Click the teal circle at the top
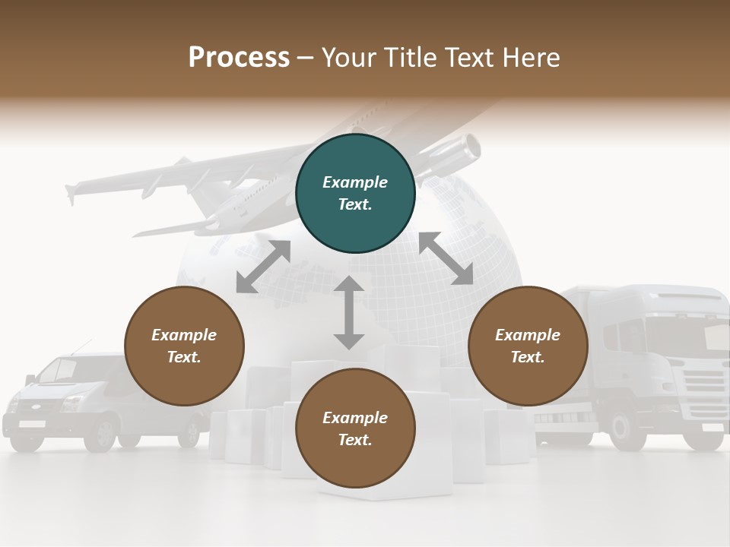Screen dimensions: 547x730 (355, 194)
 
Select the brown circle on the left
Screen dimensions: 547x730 (184, 346)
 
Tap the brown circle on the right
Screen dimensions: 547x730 (528, 346)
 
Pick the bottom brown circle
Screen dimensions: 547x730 (355, 428)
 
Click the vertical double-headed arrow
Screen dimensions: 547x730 (349, 312)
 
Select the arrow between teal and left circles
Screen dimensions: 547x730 (263, 267)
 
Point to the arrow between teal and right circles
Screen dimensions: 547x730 (446, 259)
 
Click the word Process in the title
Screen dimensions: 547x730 (239, 57)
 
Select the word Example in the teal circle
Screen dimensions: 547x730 (355, 182)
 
